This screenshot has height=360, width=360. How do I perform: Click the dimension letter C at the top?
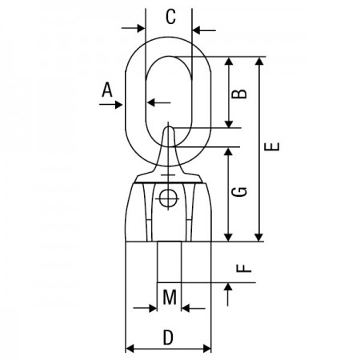point(170,17)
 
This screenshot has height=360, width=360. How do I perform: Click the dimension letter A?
point(107,90)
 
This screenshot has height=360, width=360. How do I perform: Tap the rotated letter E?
point(272,146)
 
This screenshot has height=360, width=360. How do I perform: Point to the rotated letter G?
point(239,192)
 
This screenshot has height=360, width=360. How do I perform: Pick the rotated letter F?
point(244,268)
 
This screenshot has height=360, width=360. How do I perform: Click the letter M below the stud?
point(170,297)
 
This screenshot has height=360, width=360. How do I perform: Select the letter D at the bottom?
point(168,338)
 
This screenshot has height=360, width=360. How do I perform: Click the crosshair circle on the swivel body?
point(168,198)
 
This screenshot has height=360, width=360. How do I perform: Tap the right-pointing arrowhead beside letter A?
point(118,104)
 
